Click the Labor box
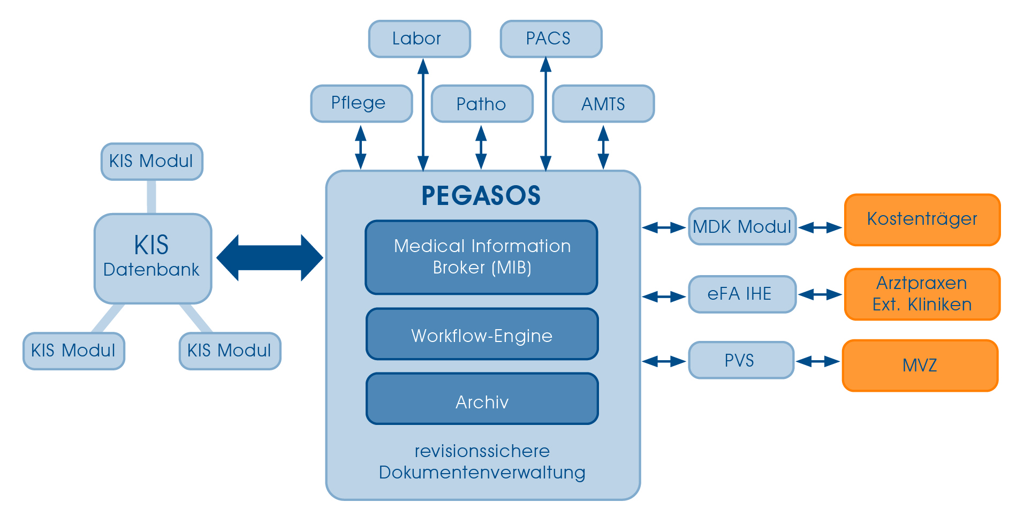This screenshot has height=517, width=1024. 419,39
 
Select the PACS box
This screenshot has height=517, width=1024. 551,39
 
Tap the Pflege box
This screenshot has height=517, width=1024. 361,103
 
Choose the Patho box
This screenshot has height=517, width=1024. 482,104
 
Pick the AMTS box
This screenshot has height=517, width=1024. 603,104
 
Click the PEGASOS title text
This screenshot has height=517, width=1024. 481,196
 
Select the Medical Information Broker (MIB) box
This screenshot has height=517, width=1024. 481,257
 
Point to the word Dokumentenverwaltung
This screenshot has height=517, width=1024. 482,473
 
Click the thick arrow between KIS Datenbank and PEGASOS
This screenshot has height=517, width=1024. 269,258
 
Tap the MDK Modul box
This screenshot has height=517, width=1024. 742,226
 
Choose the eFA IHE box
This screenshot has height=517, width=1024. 742,294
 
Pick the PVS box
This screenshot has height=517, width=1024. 741,360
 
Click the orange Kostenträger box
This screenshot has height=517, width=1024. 922,220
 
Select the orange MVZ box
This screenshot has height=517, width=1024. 920,366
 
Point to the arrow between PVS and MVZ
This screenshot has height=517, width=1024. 818,362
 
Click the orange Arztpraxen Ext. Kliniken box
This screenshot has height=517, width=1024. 922,294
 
